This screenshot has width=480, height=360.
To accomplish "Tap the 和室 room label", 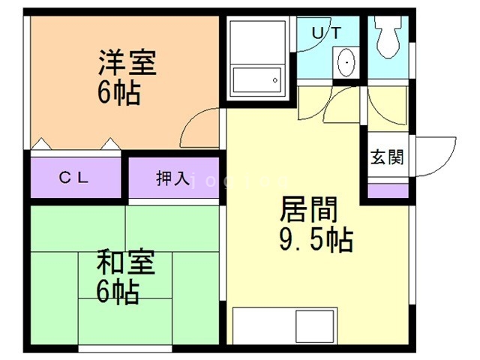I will click(126, 263).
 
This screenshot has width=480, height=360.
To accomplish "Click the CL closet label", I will click(75, 178).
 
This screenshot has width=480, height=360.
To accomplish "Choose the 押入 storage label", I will click(173, 178).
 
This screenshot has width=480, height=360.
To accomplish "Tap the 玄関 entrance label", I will click(387, 157).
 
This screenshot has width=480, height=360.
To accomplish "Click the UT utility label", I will click(327, 32).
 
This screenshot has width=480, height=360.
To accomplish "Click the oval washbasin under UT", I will click(346, 62).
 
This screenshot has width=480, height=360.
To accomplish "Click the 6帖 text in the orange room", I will click(119, 92).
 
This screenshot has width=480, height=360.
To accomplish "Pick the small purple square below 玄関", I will click(387, 190).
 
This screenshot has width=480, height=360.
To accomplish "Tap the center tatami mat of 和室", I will click(126, 278).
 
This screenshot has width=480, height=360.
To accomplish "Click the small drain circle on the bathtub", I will click(275, 78).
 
